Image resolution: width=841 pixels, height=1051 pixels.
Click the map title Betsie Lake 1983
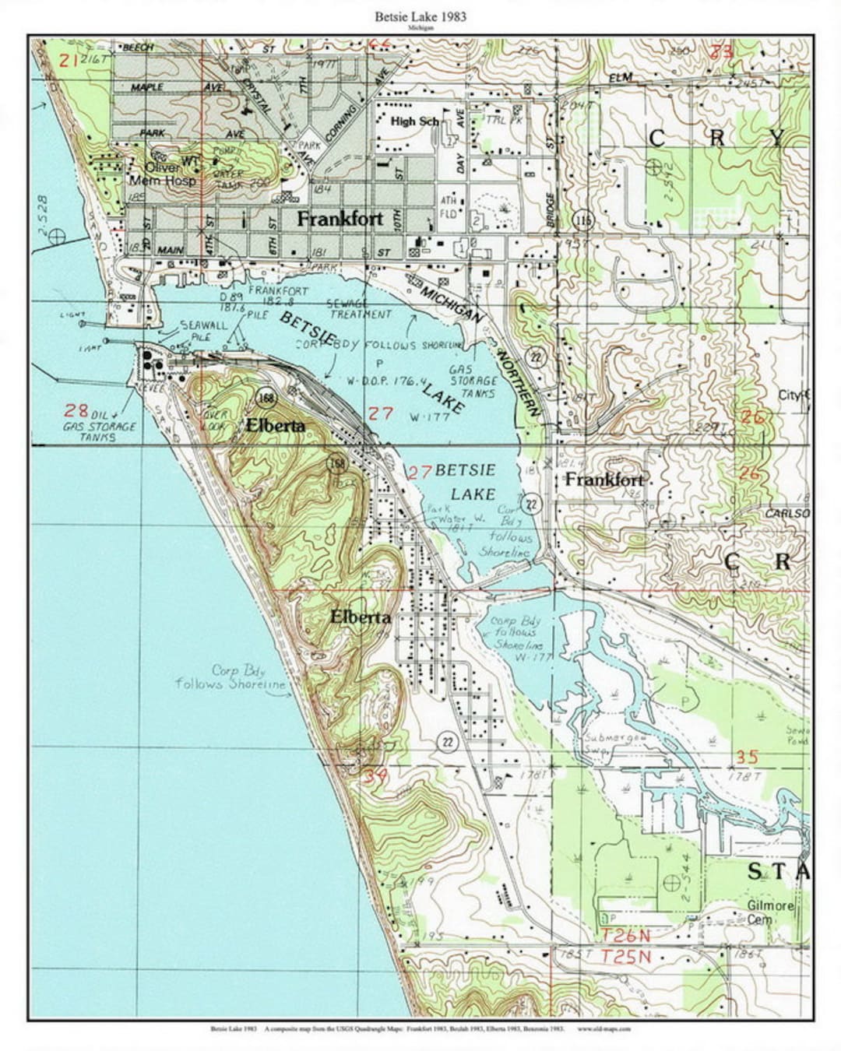[420, 16]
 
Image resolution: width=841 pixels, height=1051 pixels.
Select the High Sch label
[415, 121]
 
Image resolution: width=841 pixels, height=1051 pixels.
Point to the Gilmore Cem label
[770, 912]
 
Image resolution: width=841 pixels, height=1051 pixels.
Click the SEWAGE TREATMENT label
[361, 309]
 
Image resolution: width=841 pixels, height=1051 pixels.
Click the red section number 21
[69, 59]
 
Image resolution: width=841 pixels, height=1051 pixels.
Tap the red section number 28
[76, 410]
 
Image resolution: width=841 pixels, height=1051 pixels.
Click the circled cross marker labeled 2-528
[55, 238]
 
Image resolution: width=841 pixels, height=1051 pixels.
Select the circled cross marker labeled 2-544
[670, 883]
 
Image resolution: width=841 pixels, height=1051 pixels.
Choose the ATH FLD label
[449, 206]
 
